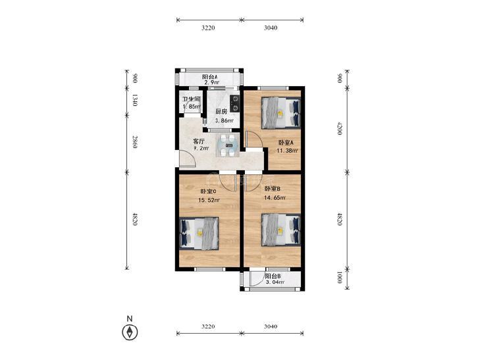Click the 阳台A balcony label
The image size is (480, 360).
pos(209,77)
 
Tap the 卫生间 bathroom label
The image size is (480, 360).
pos(192,99)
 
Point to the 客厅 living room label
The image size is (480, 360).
pos(199,141)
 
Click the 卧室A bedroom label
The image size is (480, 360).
pos(286,143)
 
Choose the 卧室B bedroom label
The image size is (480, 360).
pos(273,189)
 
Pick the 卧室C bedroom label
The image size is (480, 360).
pos(208,192)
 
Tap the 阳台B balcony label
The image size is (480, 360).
pos(273,276)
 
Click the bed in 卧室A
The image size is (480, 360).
pos(281,113)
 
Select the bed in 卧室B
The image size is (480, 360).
pos(281,230)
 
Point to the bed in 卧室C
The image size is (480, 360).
pos(199,234)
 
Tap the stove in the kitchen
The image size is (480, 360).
pos(235,103)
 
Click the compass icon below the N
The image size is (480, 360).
pos(130,332)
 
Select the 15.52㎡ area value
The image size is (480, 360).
pos(209,200)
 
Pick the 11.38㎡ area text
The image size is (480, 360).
pos(288,151)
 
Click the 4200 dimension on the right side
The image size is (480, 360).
pos(339,129)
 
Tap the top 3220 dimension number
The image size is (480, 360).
pos(208,28)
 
